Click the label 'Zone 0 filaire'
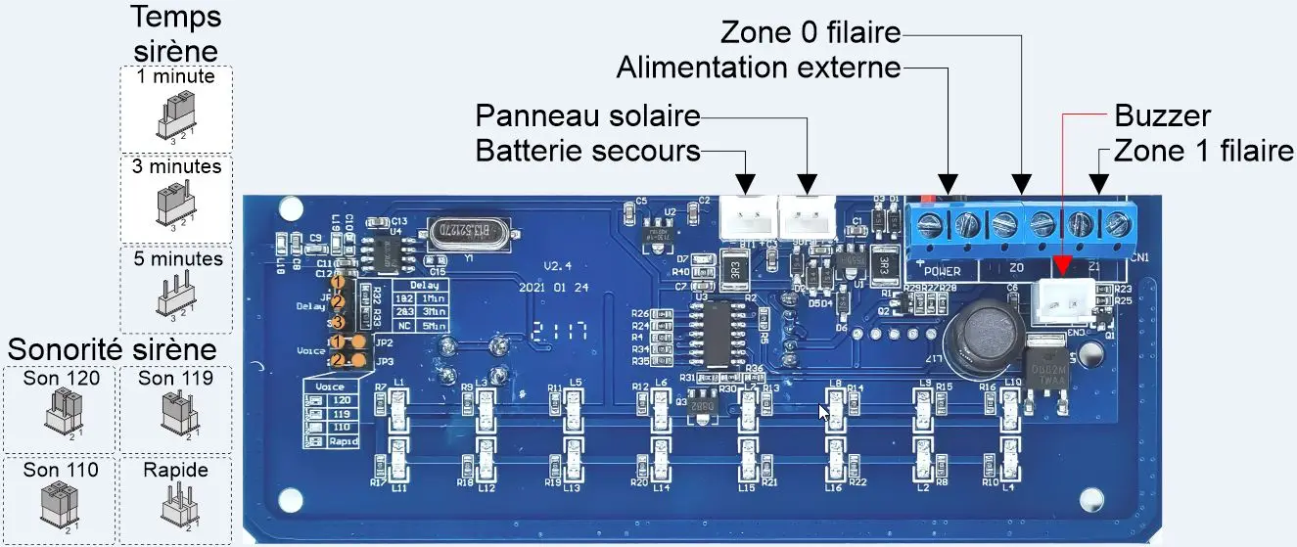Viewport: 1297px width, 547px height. (811, 33)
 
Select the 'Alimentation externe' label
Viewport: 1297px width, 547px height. (758, 68)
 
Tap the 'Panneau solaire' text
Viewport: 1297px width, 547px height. (587, 116)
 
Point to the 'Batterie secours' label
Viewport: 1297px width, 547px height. (587, 151)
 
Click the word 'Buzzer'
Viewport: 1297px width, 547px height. (1163, 116)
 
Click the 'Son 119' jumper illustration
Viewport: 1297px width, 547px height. (176, 411)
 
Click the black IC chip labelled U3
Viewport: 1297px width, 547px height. (719, 333)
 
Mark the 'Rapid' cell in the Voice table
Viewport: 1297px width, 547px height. (342, 442)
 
